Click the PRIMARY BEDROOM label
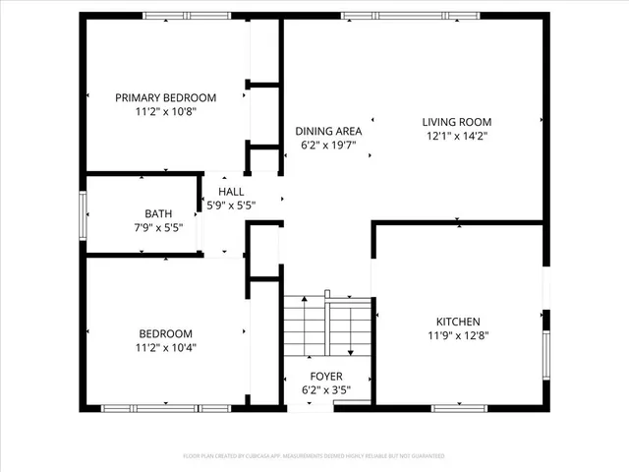click(x=165, y=97)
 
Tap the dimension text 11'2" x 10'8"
click(x=165, y=112)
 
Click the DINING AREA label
click(x=328, y=131)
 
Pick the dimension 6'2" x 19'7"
click(x=328, y=146)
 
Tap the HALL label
click(x=232, y=192)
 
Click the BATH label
click(x=158, y=212)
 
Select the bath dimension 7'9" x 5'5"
click(x=158, y=227)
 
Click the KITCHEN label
click(x=458, y=322)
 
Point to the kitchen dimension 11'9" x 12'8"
click(x=458, y=336)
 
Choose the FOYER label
click(x=326, y=376)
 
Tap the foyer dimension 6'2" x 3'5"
click(x=326, y=390)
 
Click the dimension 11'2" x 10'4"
click(x=165, y=348)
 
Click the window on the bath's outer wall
click(x=84, y=215)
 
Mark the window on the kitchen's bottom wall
click(x=460, y=407)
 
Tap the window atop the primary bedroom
click(x=180, y=16)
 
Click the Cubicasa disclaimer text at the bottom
click(x=314, y=456)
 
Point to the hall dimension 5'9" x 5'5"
click(x=232, y=206)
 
